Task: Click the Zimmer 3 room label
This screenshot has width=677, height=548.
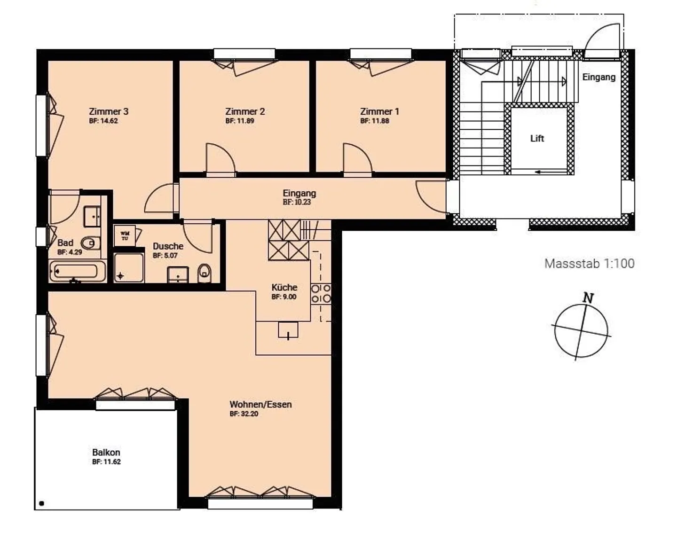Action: pos(109,111)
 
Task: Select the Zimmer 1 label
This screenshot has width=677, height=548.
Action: pos(379,111)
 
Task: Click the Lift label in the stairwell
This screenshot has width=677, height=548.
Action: pos(537,138)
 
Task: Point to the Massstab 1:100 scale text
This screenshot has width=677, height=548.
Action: pos(589,263)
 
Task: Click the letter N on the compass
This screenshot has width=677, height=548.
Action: pos(588,297)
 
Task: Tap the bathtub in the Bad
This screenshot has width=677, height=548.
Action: pos(77,272)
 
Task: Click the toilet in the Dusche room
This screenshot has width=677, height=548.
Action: pos(205,273)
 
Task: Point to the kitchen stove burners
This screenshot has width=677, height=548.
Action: pos(321,294)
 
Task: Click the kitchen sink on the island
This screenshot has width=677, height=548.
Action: pos(288,330)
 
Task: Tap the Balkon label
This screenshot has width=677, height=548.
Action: pos(106,452)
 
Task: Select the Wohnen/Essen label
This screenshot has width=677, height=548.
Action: pos(260,404)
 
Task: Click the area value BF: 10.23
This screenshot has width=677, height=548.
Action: pos(297,202)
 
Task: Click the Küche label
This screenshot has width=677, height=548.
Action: pos(284,287)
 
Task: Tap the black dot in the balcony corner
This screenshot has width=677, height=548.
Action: pos(42,503)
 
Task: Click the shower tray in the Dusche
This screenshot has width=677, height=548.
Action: pos(128,268)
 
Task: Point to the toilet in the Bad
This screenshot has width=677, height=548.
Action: pos(90,243)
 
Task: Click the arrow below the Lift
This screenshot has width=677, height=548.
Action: pos(543,172)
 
